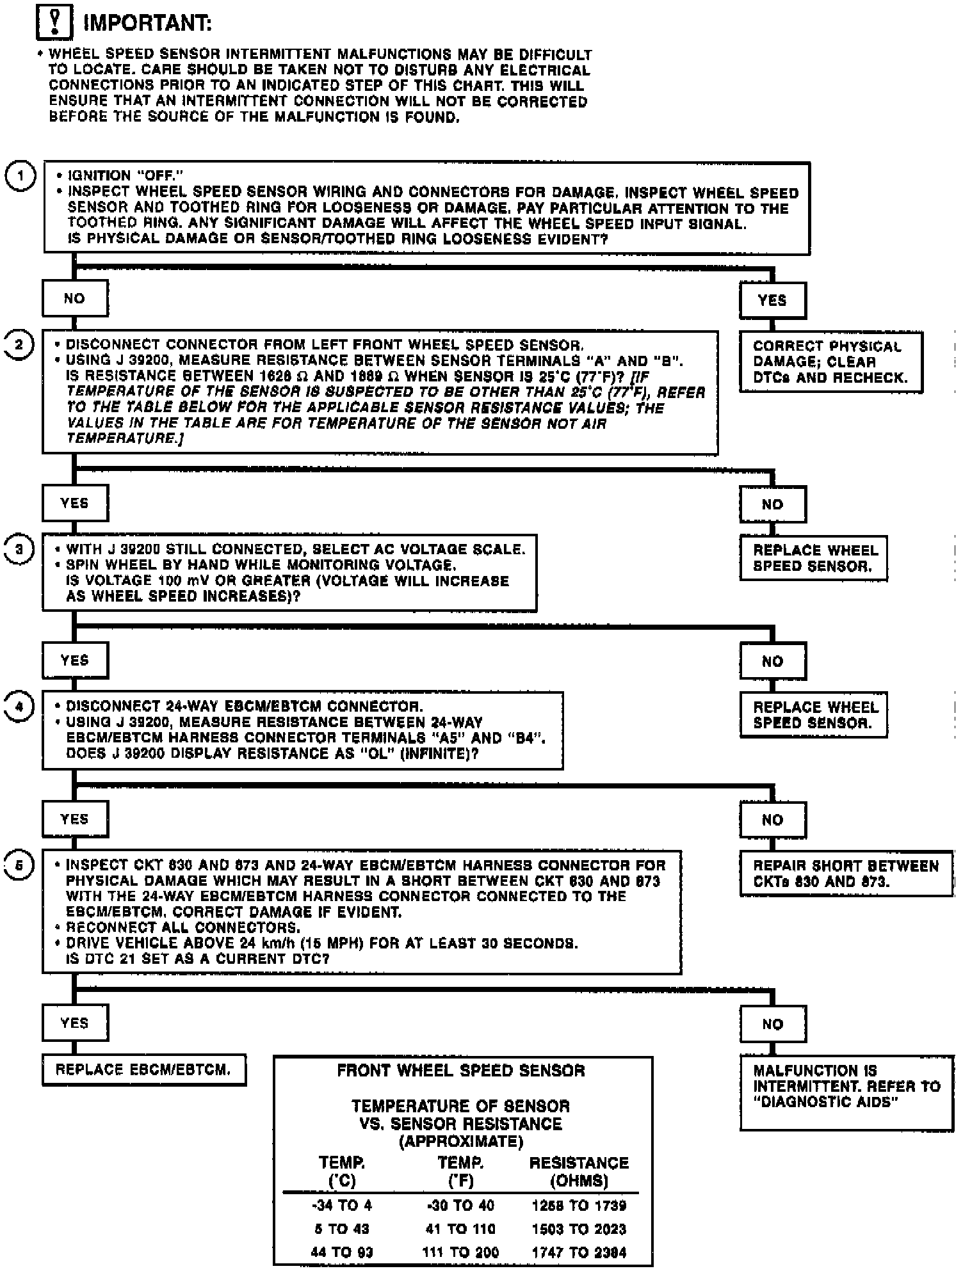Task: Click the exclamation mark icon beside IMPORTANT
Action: click(54, 22)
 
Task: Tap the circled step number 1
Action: click(20, 177)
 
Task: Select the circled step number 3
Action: click(19, 550)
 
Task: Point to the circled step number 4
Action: click(19, 707)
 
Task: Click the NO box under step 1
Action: click(75, 299)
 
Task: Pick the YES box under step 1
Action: click(772, 300)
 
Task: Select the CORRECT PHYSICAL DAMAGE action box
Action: click(831, 362)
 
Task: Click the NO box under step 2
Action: click(772, 504)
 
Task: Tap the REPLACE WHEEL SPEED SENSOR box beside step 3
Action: click(813, 558)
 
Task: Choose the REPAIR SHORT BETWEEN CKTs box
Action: click(846, 874)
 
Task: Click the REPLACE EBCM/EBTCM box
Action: click(143, 1070)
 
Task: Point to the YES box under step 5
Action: click(75, 1023)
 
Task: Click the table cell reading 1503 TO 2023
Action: click(579, 1229)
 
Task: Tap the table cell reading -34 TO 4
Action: click(341, 1206)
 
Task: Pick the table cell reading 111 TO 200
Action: click(460, 1252)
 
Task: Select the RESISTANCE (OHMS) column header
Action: click(579, 1172)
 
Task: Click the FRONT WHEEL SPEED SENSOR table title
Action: click(461, 1071)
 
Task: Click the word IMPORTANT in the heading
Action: click(148, 23)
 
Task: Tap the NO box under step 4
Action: click(772, 820)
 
